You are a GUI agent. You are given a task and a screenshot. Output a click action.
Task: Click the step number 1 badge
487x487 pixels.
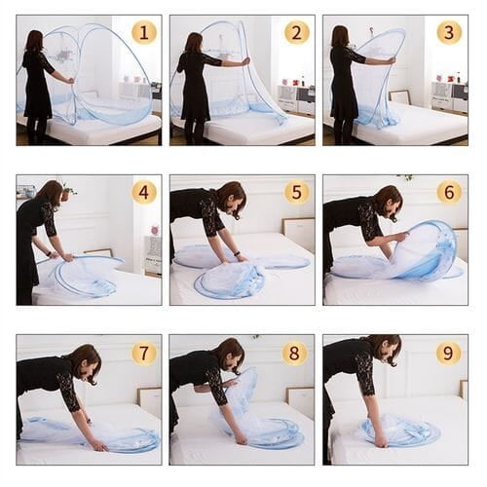144,32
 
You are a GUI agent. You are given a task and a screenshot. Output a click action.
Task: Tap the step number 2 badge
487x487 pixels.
296,32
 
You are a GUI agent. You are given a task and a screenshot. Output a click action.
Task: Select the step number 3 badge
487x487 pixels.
449,32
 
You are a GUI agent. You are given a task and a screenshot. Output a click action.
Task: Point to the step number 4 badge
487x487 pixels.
144,192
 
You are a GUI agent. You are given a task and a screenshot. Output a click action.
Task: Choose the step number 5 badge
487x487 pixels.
296,192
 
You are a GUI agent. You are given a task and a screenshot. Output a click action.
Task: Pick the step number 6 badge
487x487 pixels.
449,192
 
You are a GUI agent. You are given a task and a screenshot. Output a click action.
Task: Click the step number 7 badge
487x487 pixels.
144,352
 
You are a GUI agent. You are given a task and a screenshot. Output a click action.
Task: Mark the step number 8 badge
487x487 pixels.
296,352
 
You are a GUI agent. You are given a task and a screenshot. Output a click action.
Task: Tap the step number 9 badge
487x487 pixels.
449,352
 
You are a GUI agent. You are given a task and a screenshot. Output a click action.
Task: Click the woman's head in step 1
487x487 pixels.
36,39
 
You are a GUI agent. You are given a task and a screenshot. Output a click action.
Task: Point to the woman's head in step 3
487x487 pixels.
341,36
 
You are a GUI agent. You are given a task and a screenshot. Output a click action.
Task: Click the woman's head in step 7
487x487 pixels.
83,358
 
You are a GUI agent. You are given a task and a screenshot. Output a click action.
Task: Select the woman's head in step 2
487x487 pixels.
193,41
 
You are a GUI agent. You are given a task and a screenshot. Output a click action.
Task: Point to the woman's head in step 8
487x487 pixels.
229,353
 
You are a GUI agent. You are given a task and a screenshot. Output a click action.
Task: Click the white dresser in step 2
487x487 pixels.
293,98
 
